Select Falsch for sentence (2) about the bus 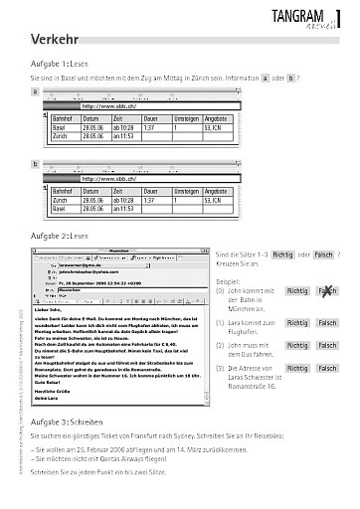(327, 348)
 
